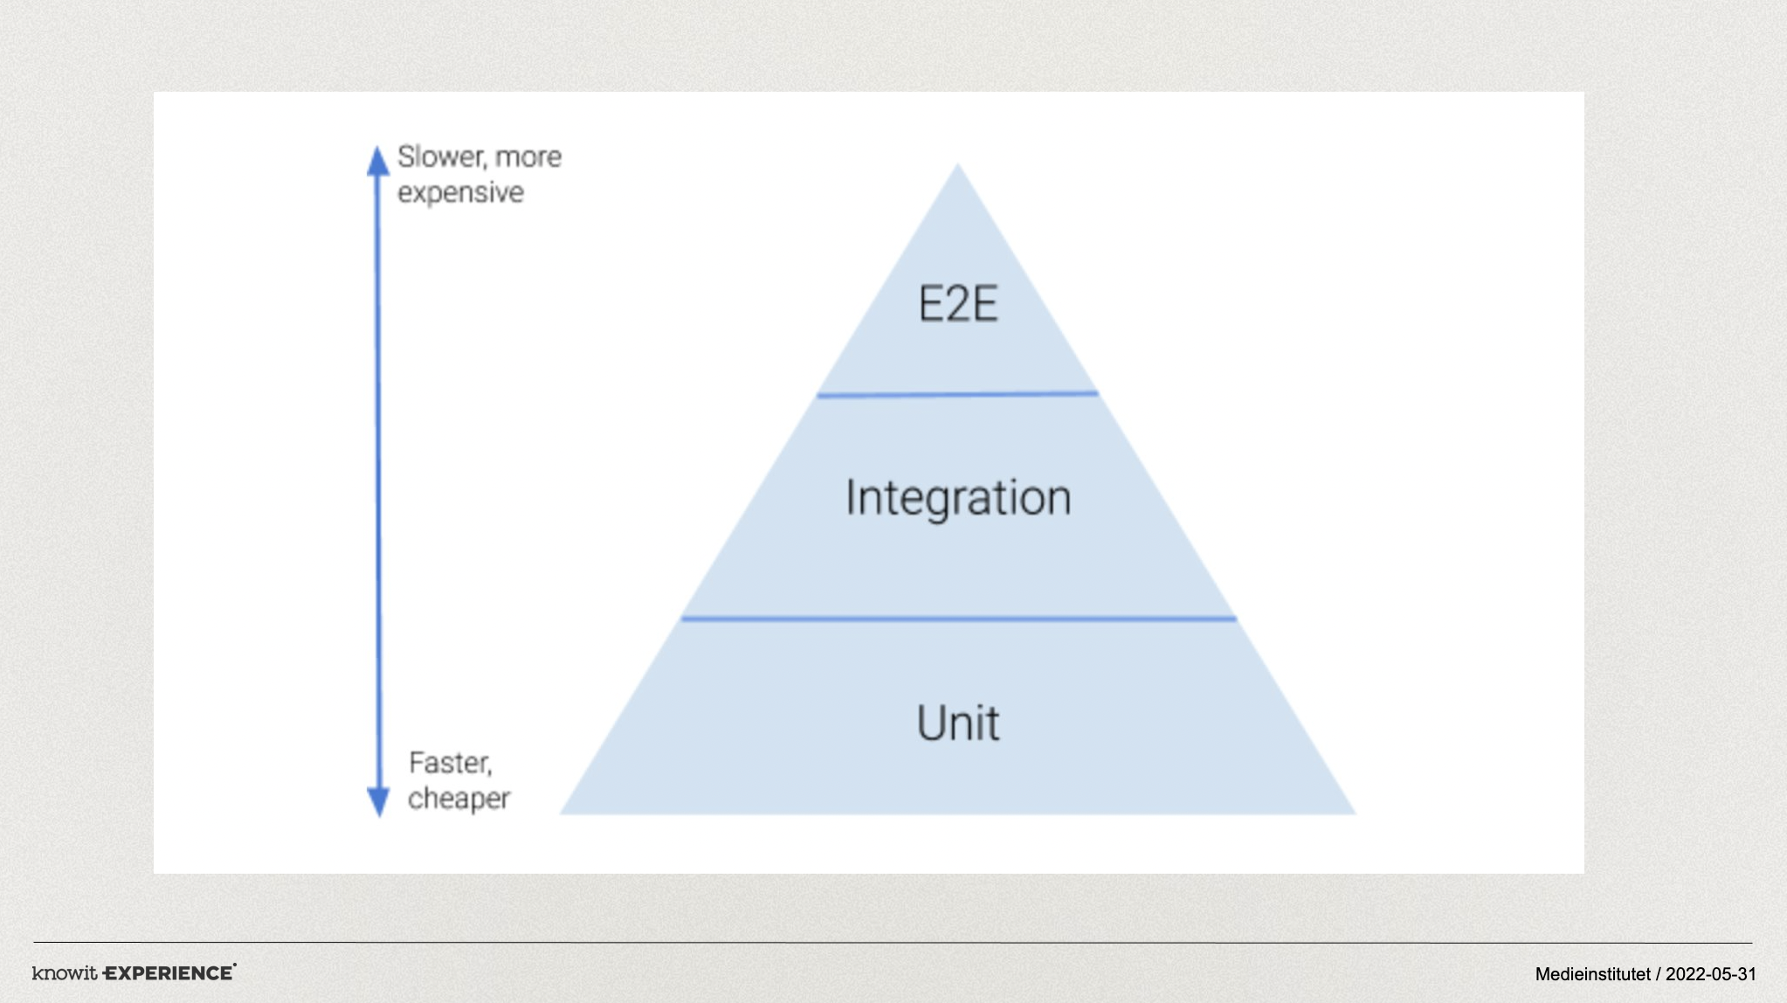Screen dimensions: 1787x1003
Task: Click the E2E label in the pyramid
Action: coord(957,304)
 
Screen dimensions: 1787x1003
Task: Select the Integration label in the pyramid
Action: coord(958,499)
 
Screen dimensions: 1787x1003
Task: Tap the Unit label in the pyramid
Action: coord(958,723)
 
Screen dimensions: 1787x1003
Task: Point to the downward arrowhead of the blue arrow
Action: coord(378,802)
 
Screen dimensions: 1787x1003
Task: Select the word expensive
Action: coord(460,193)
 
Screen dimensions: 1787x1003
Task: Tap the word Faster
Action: coord(451,763)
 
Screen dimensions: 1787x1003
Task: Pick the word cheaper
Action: coord(459,799)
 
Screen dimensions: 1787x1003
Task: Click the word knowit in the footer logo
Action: coord(65,972)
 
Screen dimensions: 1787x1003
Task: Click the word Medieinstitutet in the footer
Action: coord(1593,974)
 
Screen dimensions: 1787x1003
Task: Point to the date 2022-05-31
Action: coord(1711,974)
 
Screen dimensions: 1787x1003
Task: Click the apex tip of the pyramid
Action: coord(957,163)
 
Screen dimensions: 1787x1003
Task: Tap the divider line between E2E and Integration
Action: coord(957,394)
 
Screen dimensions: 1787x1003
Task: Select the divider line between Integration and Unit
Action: coord(958,619)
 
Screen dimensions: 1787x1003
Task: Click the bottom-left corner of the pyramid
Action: coord(560,814)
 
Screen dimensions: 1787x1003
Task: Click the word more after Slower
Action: coord(528,158)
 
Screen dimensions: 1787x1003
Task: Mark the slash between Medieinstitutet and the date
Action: coord(1658,974)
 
